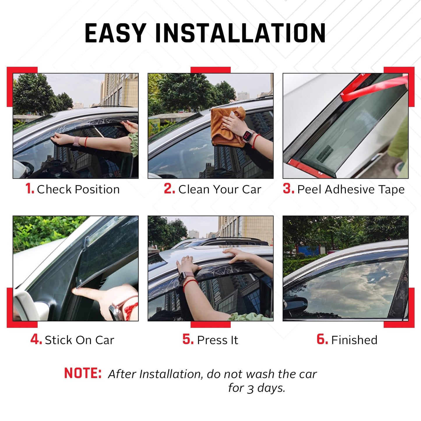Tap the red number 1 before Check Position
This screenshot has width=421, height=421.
pyautogui.click(x=29, y=189)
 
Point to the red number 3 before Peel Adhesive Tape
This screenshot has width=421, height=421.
pyautogui.click(x=288, y=189)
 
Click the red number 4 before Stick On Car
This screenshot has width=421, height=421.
pyautogui.click(x=36, y=339)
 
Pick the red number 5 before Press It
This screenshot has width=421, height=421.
pyautogui.click(x=188, y=339)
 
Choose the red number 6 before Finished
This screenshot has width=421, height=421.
pyautogui.click(x=322, y=339)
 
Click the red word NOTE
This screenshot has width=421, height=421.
pyautogui.click(x=83, y=373)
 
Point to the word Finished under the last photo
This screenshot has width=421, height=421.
pyautogui.click(x=354, y=340)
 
